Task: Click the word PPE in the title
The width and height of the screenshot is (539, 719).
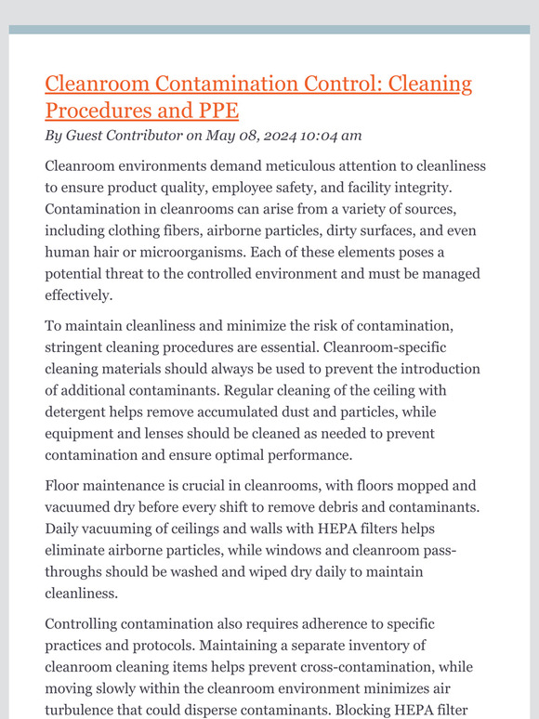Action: [x=218, y=111]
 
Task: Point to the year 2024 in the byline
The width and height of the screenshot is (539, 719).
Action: [x=293, y=136]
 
